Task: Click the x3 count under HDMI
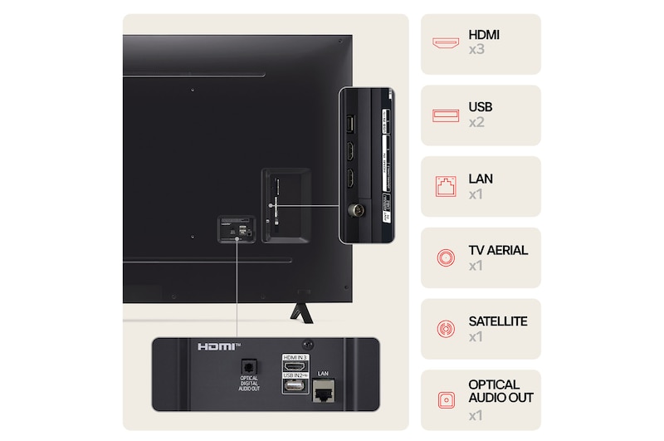pos(476,51)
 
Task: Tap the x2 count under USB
pos(476,122)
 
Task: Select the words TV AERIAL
pos(498,250)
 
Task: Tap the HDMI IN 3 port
pos(295,366)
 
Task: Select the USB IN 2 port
pos(294,387)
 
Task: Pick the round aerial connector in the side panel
pos(352,212)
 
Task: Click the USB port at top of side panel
pos(350,123)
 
